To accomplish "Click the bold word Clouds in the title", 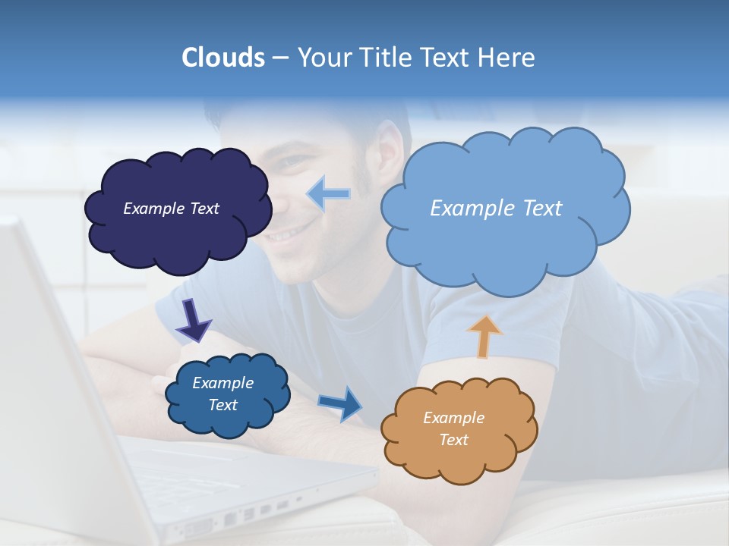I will [222, 58].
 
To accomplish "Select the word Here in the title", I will [507, 58].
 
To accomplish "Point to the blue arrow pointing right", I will [341, 403].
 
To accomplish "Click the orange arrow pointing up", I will [484, 335].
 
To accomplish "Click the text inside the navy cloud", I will [171, 209].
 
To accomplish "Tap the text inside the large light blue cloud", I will [496, 209].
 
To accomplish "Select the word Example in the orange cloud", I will [453, 418].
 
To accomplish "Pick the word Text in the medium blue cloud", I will [222, 405].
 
